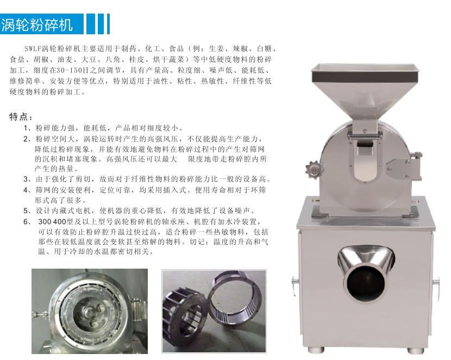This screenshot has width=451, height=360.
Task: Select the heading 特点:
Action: [x=21, y=116]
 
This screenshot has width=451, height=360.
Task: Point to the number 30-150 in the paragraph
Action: [x=67, y=70]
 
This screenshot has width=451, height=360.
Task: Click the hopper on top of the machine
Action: [x=365, y=90]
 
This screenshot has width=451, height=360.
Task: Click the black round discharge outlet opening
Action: [x=366, y=285]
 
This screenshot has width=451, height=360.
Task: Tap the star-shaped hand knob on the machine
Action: [x=314, y=170]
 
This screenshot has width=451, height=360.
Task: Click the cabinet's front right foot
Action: [x=416, y=351]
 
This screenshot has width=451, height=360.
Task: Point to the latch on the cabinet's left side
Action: [x=295, y=285]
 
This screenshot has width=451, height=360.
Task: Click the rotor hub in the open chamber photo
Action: [x=90, y=313]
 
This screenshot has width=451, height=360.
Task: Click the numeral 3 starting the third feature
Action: [x=26, y=179]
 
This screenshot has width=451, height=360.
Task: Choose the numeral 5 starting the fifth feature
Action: [x=26, y=211]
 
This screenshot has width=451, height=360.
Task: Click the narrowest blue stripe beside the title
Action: [x=108, y=24]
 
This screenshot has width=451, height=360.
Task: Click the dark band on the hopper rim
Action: [x=365, y=77]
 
